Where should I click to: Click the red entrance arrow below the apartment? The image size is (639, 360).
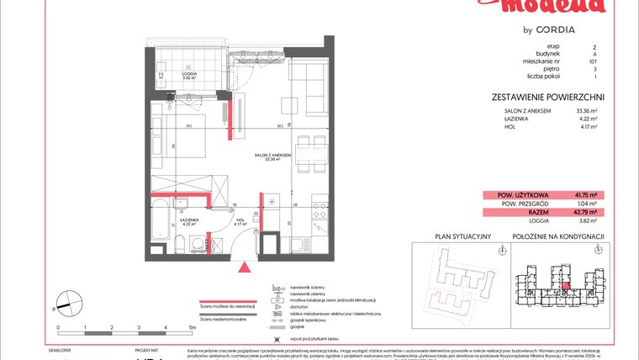[x=246, y=267]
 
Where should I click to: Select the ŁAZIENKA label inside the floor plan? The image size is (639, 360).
[x=188, y=220]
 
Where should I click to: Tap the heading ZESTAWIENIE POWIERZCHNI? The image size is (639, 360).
[x=547, y=97]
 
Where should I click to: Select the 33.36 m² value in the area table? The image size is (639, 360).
[x=585, y=110]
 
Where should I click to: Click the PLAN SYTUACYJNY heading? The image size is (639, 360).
[x=462, y=236]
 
